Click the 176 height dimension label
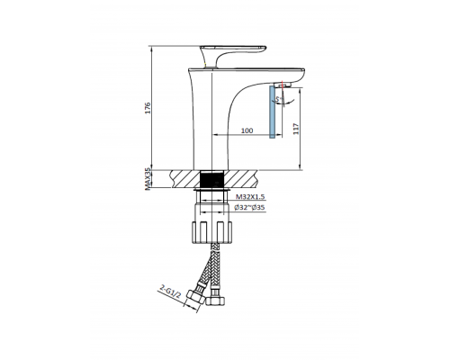[150, 108]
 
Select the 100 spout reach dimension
[244, 131]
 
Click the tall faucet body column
[212, 126]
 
